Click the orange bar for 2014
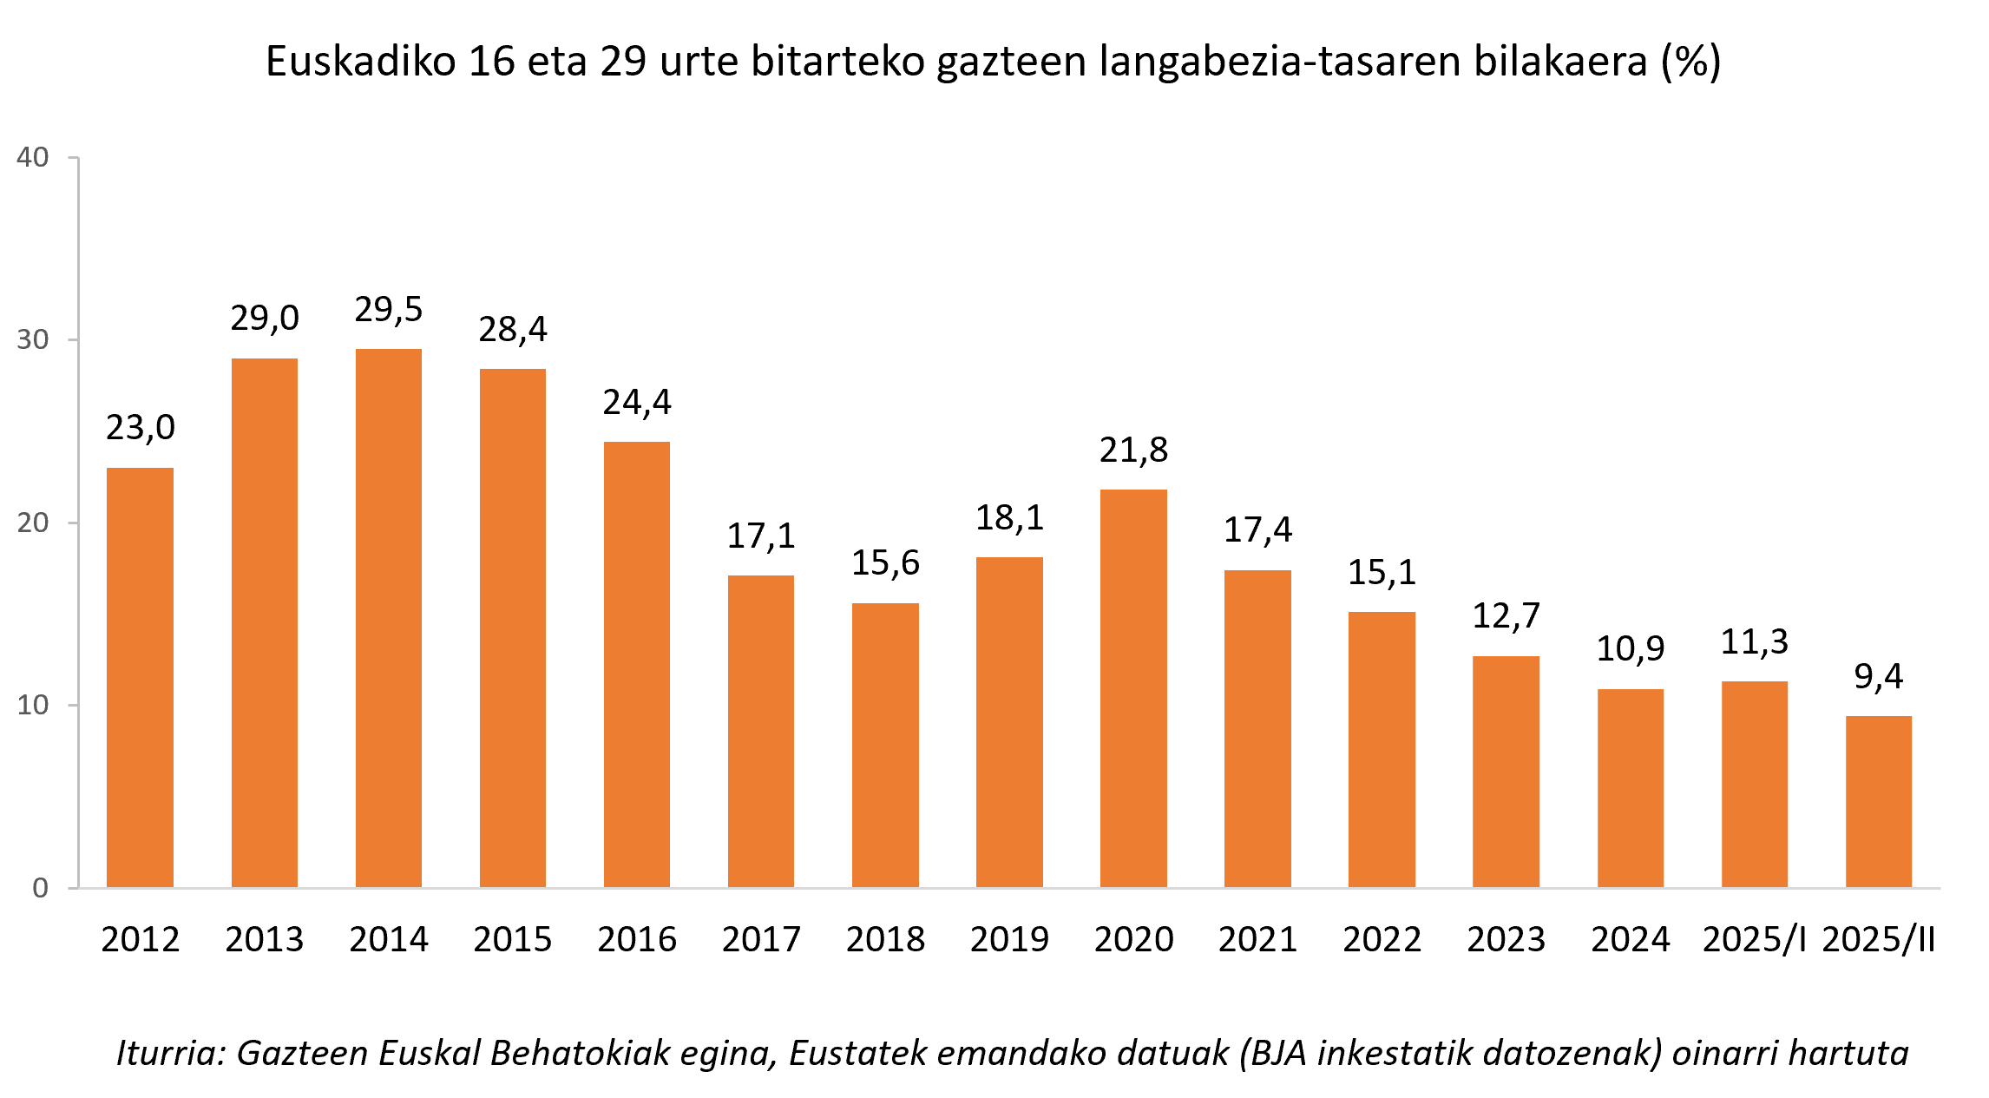[389, 618]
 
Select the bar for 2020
[1133, 688]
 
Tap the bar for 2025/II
[1878, 801]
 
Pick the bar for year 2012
[140, 677]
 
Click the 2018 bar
[885, 745]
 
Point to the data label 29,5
[389, 310]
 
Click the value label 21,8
[1133, 450]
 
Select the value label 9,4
[1878, 677]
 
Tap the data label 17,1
[761, 536]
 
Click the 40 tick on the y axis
[33, 157]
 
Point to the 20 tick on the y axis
[33, 523]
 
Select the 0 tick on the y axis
[40, 888]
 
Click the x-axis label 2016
[636, 939]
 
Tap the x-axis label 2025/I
[1754, 939]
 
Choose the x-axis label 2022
[1382, 939]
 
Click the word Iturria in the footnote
[171, 1053]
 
